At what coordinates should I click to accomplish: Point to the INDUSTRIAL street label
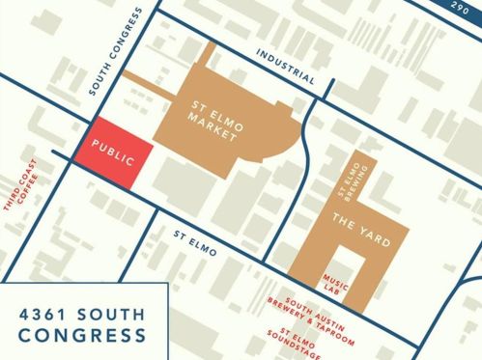click(x=286, y=65)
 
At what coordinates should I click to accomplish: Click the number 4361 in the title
click(x=45, y=313)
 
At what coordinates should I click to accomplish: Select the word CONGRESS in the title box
click(x=83, y=336)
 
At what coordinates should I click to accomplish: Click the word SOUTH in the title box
click(x=112, y=313)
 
